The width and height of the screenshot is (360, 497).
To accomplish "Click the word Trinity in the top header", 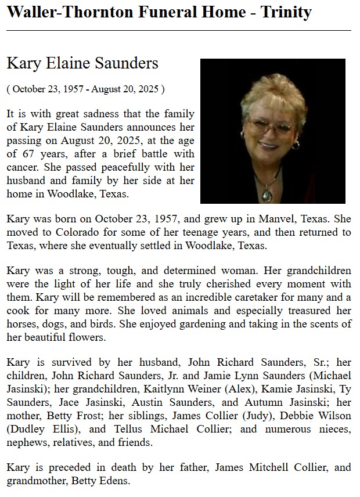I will [283, 12].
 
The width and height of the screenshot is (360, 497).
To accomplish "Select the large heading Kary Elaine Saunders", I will [82, 63].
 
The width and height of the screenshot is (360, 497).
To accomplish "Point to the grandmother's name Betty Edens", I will [98, 481].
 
